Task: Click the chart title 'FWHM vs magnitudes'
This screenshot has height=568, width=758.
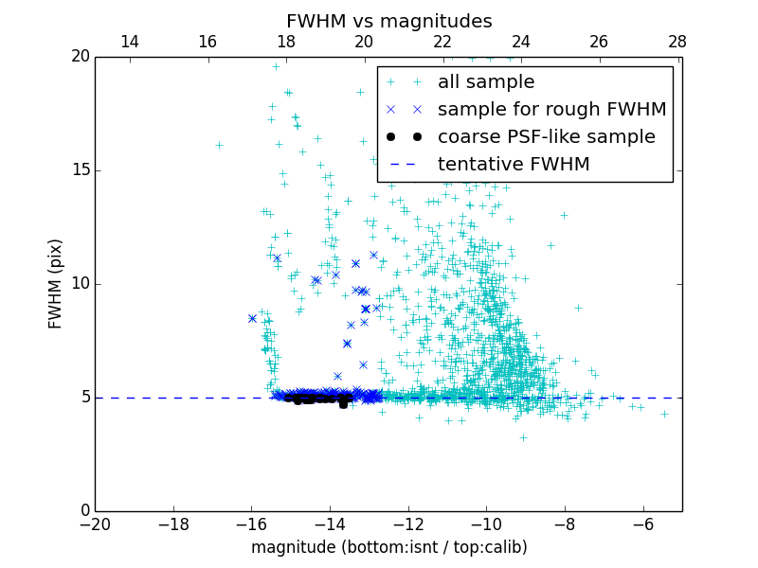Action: click(x=388, y=21)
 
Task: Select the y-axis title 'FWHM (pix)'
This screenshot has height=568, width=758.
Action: click(x=56, y=283)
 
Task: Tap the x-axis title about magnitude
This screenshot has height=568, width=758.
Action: click(x=388, y=547)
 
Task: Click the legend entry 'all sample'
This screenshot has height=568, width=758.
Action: click(x=486, y=82)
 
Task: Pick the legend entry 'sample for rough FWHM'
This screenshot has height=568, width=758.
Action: click(x=551, y=110)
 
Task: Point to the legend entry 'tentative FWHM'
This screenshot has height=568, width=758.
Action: click(x=514, y=165)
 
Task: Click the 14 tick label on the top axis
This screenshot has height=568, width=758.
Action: click(x=130, y=42)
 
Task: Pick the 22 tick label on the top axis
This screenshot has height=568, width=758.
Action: click(x=442, y=42)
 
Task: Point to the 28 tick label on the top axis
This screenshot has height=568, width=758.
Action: click(x=677, y=42)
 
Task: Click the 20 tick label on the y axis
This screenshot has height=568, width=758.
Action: click(x=79, y=57)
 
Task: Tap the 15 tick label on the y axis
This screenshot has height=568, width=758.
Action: click(x=79, y=170)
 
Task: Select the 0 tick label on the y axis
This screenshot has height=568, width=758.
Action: click(x=83, y=511)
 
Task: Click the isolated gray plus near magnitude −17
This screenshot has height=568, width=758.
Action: click(x=219, y=145)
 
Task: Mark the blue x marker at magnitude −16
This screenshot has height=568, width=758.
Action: click(x=252, y=318)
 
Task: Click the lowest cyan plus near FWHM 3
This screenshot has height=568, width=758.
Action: click(x=522, y=437)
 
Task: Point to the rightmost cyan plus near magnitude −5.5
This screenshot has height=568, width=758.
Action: click(x=664, y=414)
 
